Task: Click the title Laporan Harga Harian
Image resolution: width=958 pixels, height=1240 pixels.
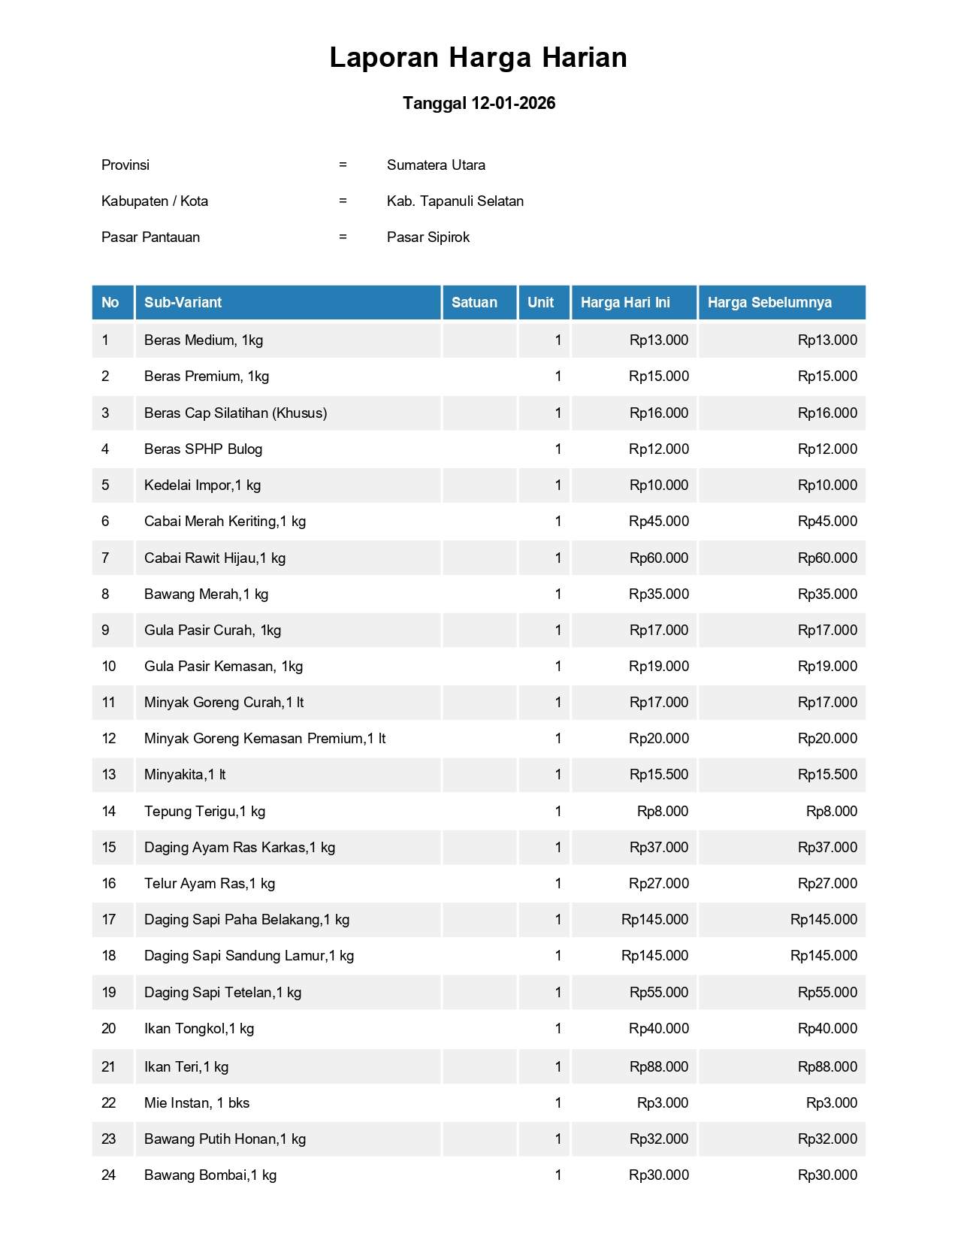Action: pyautogui.click(x=478, y=58)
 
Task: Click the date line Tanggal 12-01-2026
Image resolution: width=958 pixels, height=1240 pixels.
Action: pyautogui.click(x=479, y=103)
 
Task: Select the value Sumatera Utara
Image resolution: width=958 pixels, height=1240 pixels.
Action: pyautogui.click(x=436, y=165)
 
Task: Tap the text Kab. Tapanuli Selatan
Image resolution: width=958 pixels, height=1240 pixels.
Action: pyautogui.click(x=455, y=201)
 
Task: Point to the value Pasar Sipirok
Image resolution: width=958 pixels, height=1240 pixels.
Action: pyautogui.click(x=428, y=237)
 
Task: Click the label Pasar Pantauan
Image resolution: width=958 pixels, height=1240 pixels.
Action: pyautogui.click(x=150, y=237)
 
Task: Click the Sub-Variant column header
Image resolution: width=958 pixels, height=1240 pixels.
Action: pyautogui.click(x=183, y=302)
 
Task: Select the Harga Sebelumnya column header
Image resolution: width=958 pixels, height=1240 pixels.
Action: pyautogui.click(x=769, y=302)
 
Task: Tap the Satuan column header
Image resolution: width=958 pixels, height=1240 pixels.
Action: pyautogui.click(x=474, y=302)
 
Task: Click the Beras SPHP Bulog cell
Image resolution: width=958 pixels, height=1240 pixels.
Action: pyautogui.click(x=203, y=449)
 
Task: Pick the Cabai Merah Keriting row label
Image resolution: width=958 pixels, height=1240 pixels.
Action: pyautogui.click(x=225, y=521)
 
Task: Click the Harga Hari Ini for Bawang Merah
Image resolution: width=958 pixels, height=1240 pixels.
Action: pyautogui.click(x=658, y=594)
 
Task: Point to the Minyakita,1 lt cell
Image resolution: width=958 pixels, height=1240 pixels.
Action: pyautogui.click(x=185, y=774)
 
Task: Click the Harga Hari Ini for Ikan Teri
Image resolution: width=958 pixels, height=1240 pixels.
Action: pyautogui.click(x=658, y=1066)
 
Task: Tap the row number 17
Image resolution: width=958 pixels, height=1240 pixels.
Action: pyautogui.click(x=109, y=919)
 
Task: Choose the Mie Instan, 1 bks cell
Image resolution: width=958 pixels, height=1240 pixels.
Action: pyautogui.click(x=197, y=1102)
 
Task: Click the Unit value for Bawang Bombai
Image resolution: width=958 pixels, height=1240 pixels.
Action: pyautogui.click(x=558, y=1175)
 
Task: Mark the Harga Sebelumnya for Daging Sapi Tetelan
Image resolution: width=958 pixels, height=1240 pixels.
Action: pyautogui.click(x=827, y=992)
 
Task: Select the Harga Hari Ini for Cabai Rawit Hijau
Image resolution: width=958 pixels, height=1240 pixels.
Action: pyautogui.click(x=658, y=558)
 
